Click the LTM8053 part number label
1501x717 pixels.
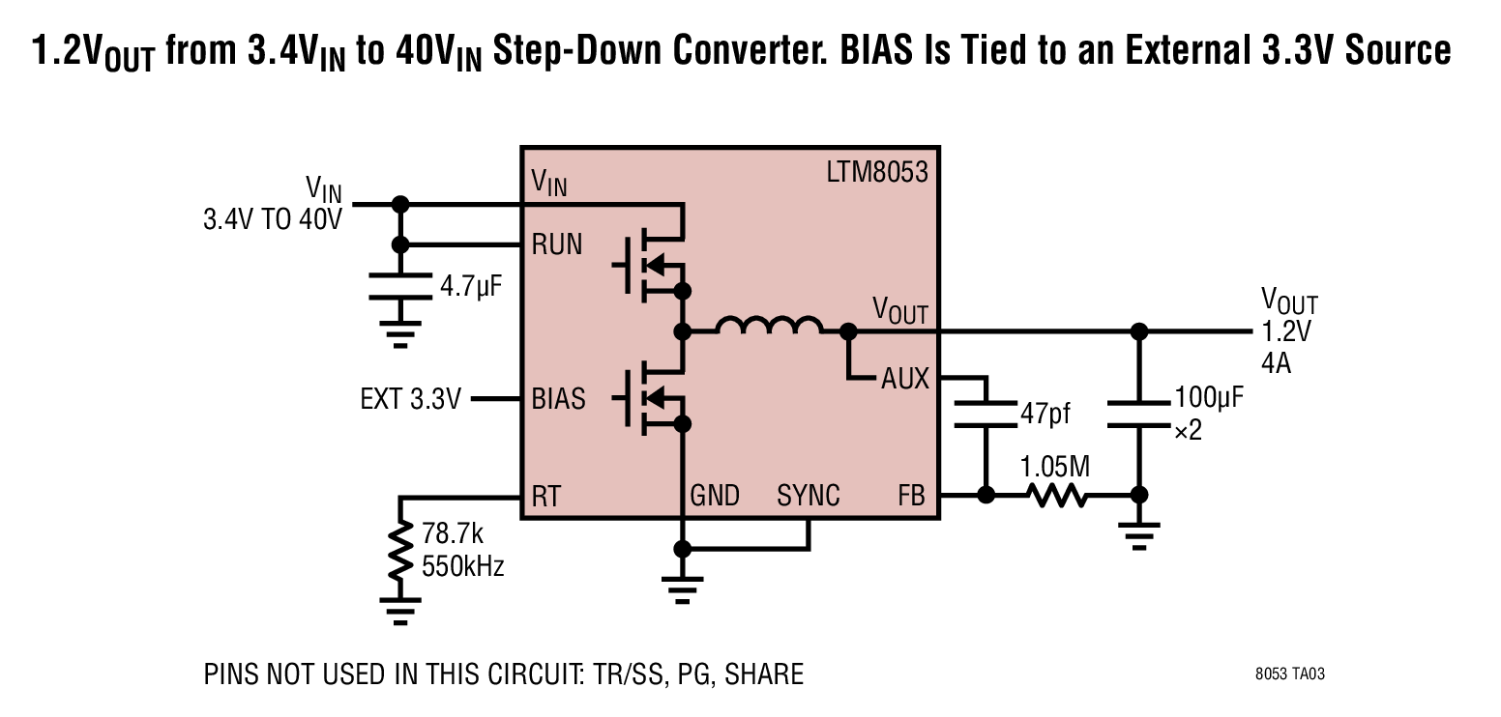point(877,172)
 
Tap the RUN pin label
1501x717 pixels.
point(557,244)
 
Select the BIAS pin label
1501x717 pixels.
point(558,399)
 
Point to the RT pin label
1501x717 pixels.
point(546,496)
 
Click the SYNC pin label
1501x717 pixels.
point(809,496)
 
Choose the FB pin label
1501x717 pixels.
point(911,496)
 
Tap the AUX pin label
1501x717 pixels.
point(905,379)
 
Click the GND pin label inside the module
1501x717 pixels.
point(715,496)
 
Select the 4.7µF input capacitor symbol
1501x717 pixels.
point(400,286)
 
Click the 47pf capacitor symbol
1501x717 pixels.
point(986,414)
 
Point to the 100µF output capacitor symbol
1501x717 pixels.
point(1139,414)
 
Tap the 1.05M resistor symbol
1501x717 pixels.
point(1057,496)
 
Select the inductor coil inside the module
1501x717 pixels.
point(769,325)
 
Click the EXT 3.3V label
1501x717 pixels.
point(411,399)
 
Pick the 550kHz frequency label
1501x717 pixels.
point(462,566)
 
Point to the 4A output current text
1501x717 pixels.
point(1276,363)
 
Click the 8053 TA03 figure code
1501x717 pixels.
point(1290,674)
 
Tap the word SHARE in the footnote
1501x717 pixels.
point(764,674)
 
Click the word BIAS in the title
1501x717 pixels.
point(876,49)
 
